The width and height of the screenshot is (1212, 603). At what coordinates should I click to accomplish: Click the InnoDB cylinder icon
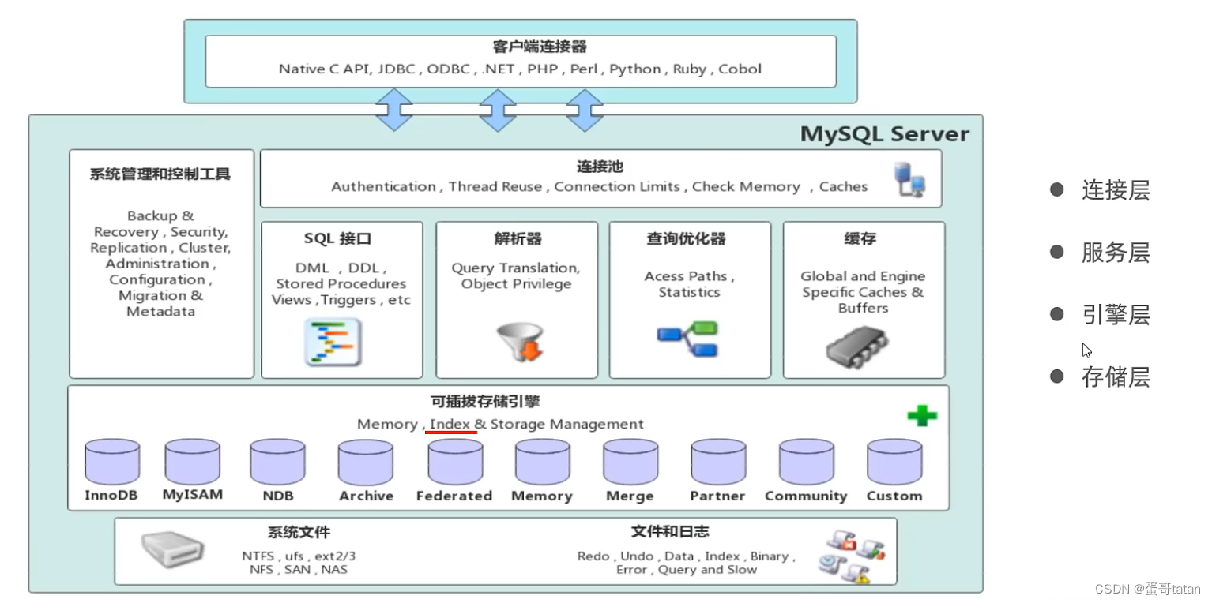112,462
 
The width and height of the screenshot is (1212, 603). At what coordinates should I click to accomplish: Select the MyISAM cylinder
192,462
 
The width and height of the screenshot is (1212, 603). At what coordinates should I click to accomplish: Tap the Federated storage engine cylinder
454,462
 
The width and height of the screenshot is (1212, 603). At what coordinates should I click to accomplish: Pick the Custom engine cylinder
894,462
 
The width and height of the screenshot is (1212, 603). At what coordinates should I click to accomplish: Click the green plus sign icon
921,415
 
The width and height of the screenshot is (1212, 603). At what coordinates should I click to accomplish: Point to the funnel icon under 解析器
520,341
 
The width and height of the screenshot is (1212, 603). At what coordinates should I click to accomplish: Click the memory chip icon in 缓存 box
856,345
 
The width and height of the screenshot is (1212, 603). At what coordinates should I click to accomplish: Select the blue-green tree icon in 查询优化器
687,338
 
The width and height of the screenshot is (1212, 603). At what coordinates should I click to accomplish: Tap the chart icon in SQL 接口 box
333,342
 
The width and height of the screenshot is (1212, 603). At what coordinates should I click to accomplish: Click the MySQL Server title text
884,134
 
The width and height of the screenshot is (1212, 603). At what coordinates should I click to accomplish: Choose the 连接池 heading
600,167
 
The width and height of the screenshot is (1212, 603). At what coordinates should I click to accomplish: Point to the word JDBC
397,69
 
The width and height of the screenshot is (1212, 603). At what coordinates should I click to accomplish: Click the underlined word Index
450,424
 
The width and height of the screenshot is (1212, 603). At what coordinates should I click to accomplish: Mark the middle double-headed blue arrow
498,110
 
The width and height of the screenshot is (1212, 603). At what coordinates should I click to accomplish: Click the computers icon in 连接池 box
909,179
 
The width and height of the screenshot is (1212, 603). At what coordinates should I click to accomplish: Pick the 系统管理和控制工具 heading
160,174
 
